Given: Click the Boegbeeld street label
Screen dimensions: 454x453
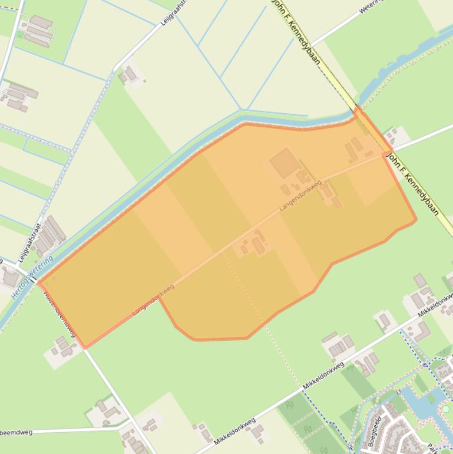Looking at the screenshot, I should coord(374,433).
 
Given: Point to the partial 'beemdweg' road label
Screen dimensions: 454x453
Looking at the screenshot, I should coord(16,432).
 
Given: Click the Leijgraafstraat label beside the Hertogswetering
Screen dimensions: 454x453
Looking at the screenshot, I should coord(30,242).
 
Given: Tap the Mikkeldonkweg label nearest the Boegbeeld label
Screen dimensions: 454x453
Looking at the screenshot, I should coord(323,375).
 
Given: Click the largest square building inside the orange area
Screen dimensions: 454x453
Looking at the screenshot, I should coord(285,163).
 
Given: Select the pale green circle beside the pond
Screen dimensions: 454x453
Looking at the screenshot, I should coord(446,408).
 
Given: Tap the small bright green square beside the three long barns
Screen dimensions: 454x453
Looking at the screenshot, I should coord(21,35).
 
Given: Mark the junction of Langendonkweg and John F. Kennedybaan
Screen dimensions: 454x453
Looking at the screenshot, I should coord(386,154).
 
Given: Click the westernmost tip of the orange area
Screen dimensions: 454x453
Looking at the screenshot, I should coord(38,282).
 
